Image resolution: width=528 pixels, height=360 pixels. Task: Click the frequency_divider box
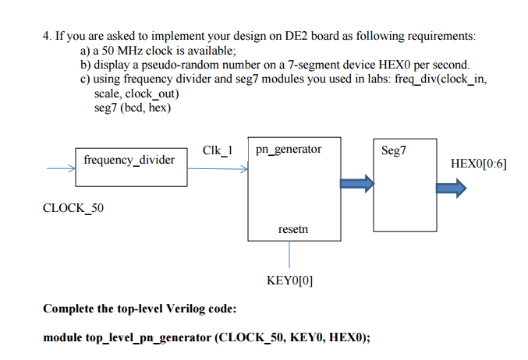tap(131, 166)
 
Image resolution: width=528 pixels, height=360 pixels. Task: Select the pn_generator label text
tap(288, 149)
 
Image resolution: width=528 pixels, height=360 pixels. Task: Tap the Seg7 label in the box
tap(394, 150)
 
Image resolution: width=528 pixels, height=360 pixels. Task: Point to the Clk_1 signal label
tap(217, 149)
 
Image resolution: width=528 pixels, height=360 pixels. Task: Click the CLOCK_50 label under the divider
tap(73, 208)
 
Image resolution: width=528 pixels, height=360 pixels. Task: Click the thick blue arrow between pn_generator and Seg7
tap(356, 184)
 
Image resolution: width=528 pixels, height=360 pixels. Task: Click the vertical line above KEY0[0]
tap(290, 255)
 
